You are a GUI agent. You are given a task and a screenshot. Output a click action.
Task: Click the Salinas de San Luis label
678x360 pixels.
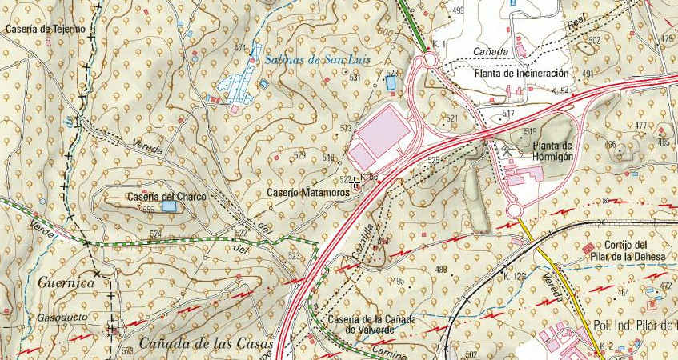(x=303, y=58)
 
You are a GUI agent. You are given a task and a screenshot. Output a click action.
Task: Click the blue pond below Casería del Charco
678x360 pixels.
(x=169, y=206)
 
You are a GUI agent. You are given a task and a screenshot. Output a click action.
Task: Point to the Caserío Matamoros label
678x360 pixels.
(x=303, y=193)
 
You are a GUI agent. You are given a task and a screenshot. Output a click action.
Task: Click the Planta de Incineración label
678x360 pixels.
(x=520, y=74)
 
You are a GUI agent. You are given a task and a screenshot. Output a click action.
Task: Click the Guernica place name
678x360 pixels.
(x=66, y=282)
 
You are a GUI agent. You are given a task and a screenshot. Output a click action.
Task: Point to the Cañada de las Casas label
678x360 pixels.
(x=207, y=344)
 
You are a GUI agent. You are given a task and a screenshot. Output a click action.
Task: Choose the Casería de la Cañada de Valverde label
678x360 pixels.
(x=371, y=324)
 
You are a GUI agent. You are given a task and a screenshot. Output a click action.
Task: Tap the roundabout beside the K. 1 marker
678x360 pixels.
(x=428, y=59)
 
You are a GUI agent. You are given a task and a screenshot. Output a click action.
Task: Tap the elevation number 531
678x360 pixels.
(x=355, y=78)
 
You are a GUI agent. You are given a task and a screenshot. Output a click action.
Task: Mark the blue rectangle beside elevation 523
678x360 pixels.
(x=391, y=82)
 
